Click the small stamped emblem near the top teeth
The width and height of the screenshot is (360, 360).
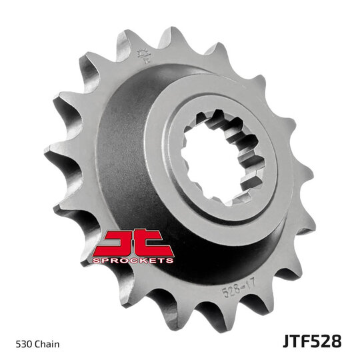(142, 57)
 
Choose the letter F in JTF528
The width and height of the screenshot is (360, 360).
(304, 342)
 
